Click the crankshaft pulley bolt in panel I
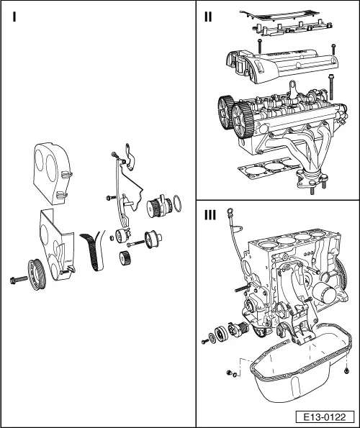click(16, 279)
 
